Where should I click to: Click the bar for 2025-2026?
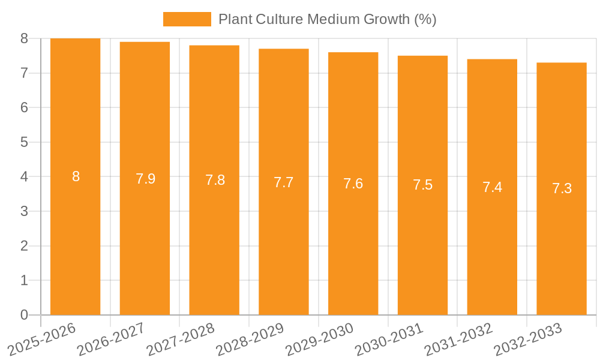point(75,240)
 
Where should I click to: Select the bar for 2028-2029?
point(283,240)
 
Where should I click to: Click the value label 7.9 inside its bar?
point(145,179)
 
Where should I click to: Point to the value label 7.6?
point(353,184)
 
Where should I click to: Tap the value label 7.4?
point(492,187)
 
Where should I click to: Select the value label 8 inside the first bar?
point(76,176)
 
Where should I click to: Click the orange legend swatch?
point(187,19)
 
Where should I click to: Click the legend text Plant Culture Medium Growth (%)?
point(327,19)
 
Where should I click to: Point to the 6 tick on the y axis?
point(24,107)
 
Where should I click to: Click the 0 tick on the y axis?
point(24,315)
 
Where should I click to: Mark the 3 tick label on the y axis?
point(24,211)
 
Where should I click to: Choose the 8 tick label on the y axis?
point(24,38)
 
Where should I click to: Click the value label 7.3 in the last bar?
point(562,188)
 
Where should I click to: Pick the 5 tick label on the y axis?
point(24,142)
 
